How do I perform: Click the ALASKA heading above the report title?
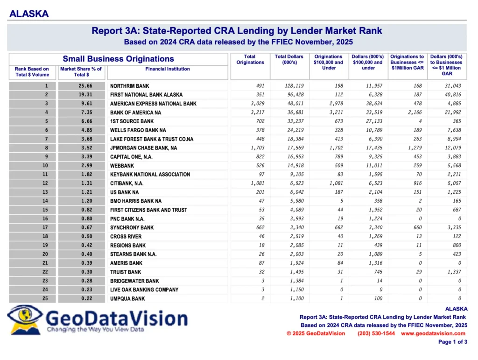pos(29,14)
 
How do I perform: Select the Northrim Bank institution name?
pos(130,86)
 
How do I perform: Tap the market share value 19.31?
pos(85,95)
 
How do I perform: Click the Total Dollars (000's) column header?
pos(289,59)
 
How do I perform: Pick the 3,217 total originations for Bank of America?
pos(258,113)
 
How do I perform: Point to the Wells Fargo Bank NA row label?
pos(138,130)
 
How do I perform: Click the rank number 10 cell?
pos(45,165)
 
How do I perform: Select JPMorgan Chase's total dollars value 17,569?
pos(295,148)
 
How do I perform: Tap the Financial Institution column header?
pos(168,69)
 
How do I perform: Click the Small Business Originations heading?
pos(118,59)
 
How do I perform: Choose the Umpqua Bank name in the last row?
pos(127,299)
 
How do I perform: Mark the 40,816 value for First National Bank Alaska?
pos(453,95)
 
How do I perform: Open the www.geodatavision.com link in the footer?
pos(433,333)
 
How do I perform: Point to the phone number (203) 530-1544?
pos(376,333)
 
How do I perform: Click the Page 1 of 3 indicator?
pos(453,342)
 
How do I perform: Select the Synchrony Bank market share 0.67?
pos(86,227)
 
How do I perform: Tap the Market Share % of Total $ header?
pos(81,71)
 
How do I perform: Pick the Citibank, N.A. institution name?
pos(127,184)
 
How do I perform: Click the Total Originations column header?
pos(250,59)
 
